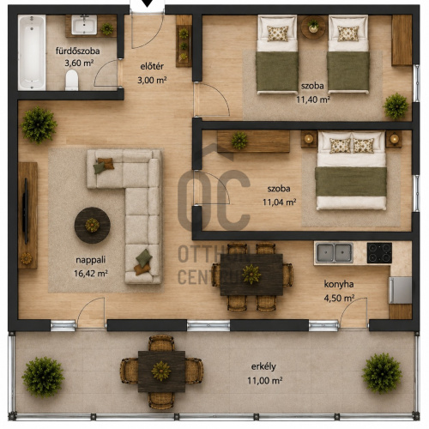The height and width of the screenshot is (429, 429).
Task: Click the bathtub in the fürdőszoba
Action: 32,52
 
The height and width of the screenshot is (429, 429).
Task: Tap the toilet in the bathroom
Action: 72,80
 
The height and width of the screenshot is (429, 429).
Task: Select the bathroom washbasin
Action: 84,25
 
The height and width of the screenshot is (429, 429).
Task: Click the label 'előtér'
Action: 152,66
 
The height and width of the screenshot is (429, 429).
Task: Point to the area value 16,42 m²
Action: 91,274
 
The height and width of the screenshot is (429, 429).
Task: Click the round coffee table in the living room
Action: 93,226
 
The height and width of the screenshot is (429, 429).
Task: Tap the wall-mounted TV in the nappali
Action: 26,211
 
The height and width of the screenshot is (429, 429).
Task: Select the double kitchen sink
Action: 334,253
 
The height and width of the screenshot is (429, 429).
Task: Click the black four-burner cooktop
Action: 379,253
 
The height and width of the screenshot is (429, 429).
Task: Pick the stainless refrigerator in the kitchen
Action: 400,290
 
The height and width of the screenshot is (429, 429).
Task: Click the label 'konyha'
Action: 339,284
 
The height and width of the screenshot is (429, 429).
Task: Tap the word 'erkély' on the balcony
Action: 263,366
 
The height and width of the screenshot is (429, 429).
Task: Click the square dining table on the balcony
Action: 161,372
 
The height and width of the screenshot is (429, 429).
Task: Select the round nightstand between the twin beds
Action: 313,27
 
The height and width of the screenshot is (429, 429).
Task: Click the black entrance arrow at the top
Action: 148,3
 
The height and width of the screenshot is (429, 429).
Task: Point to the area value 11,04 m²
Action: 280,202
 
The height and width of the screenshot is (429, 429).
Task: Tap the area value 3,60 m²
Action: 79,63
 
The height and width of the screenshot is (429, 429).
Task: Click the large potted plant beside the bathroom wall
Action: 39,125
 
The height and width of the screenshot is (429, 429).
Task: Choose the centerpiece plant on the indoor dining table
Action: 251,275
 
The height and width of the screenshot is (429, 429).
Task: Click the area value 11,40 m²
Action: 313,100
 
